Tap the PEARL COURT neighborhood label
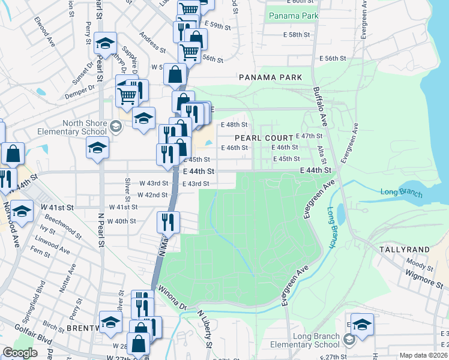coord(258,137)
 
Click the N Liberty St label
coord(205,329)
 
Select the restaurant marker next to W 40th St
coord(168,221)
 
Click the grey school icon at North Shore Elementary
coord(115,126)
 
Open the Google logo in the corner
coord(20,353)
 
